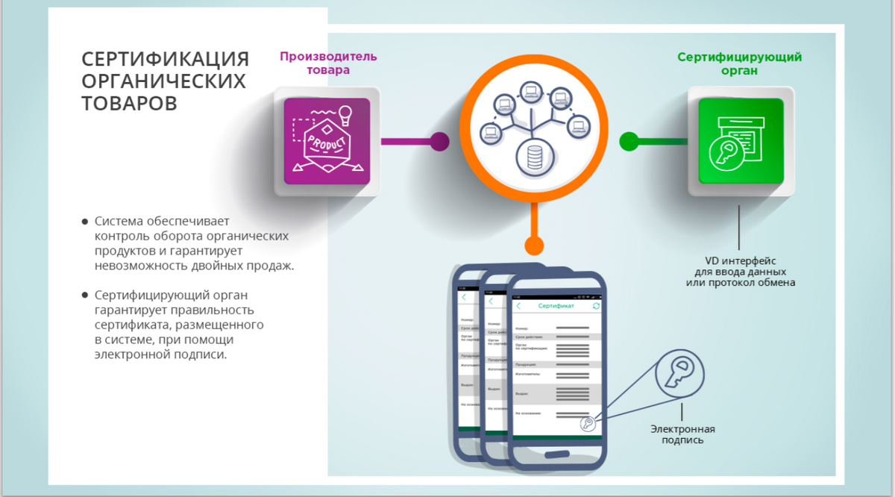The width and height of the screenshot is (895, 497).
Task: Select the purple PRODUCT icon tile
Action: [327, 141]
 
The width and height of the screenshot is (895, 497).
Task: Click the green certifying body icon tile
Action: [741, 141]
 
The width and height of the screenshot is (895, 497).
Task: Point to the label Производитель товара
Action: [328, 63]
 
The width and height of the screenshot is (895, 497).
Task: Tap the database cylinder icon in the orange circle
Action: [533, 157]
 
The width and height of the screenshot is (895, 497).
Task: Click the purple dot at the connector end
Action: [440, 141]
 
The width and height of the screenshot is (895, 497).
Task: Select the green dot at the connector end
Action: [629, 141]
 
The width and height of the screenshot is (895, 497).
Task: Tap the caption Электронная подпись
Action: [682, 434]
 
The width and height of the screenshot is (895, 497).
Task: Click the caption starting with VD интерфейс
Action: [740, 272]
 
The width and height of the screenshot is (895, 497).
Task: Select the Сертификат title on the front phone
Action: [556, 307]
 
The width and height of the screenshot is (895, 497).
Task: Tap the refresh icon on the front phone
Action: [596, 307]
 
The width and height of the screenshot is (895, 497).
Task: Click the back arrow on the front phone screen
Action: [518, 307]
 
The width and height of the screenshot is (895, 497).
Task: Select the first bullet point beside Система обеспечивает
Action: [85, 222]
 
